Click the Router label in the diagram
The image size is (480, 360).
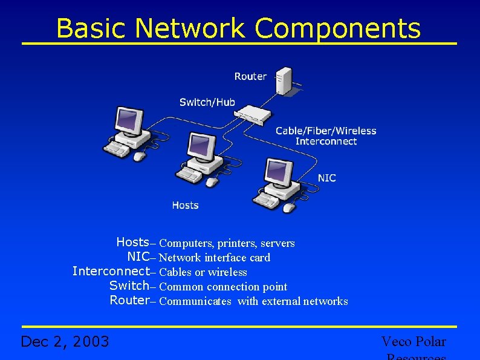[250, 76]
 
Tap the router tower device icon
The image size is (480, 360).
[283, 81]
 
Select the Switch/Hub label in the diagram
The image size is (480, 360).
[207, 102]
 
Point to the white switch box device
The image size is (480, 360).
[250, 114]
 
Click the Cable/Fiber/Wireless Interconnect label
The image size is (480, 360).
[326, 136]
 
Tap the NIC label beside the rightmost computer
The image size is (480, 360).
[326, 178]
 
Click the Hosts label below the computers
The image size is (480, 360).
[185, 205]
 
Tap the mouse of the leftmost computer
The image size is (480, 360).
[139, 156]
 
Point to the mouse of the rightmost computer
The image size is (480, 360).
[289, 208]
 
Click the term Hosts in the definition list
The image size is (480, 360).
[132, 243]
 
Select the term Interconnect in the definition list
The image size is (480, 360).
[110, 271]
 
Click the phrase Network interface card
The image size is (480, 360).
[215, 258]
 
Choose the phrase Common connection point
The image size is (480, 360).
[223, 287]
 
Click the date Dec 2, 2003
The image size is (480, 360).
[65, 342]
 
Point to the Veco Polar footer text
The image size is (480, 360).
[414, 342]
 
